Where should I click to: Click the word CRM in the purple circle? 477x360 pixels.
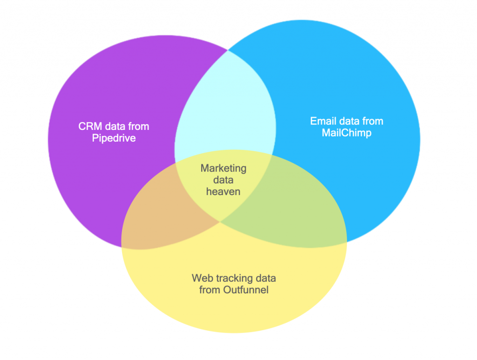click(x=88, y=126)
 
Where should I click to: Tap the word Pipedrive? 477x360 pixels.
click(x=114, y=138)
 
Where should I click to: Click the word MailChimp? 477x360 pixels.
click(x=347, y=133)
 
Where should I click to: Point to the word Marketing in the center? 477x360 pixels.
click(x=224, y=168)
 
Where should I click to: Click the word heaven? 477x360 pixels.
click(x=224, y=191)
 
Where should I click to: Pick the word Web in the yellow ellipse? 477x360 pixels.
click(x=201, y=278)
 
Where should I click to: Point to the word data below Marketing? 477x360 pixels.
click(x=224, y=180)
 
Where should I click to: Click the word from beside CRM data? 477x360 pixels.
click(x=138, y=126)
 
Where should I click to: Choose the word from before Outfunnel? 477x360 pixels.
click(x=209, y=290)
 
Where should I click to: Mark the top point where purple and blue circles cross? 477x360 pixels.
click(x=228, y=50)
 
